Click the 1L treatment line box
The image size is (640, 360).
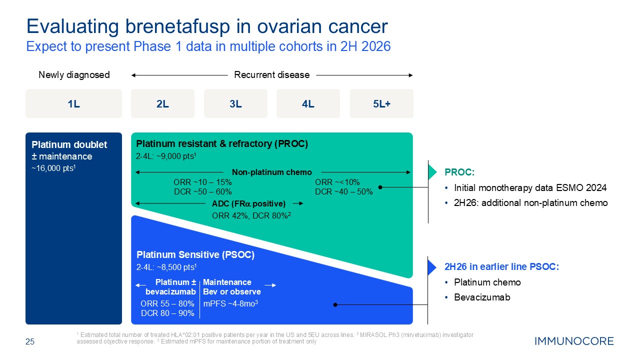pyautogui.click(x=73, y=103)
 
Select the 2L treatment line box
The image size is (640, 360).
pyautogui.click(x=162, y=103)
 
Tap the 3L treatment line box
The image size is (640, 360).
pyautogui.click(x=235, y=103)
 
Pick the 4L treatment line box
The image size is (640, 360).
pyautogui.click(x=308, y=103)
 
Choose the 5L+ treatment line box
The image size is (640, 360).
pyautogui.click(x=381, y=103)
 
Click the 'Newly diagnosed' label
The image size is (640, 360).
pyautogui.click(x=74, y=75)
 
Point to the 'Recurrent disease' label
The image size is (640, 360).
pyautogui.click(x=271, y=75)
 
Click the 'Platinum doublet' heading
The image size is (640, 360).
pyautogui.click(x=69, y=144)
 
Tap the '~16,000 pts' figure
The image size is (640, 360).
pyautogui.click(x=53, y=168)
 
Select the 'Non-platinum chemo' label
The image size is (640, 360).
pyautogui.click(x=271, y=172)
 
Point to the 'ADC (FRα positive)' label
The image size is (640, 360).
pyautogui.click(x=248, y=203)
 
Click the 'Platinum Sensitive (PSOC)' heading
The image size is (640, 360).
pyautogui.click(x=195, y=254)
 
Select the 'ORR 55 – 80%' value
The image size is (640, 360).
pyautogui.click(x=167, y=303)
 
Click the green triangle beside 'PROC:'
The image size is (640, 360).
pyautogui.click(x=433, y=172)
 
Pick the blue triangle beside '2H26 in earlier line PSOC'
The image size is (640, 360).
pyautogui.click(x=433, y=267)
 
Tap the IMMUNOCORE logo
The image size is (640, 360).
pyautogui.click(x=574, y=341)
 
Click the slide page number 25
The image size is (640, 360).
pyautogui.click(x=30, y=342)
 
